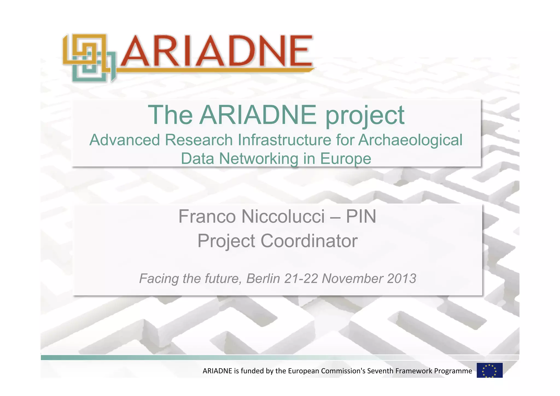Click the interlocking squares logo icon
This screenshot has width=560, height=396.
(x=89, y=57)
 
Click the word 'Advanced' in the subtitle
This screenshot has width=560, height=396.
(x=125, y=140)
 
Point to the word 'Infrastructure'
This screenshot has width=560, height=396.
(x=284, y=140)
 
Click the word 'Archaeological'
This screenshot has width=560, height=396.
(x=410, y=140)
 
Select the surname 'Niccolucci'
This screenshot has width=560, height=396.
(x=283, y=216)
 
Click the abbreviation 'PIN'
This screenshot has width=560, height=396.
(x=361, y=216)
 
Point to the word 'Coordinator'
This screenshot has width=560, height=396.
(x=309, y=241)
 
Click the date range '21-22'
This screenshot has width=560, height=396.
(x=301, y=279)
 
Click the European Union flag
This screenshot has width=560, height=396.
(x=489, y=370)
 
